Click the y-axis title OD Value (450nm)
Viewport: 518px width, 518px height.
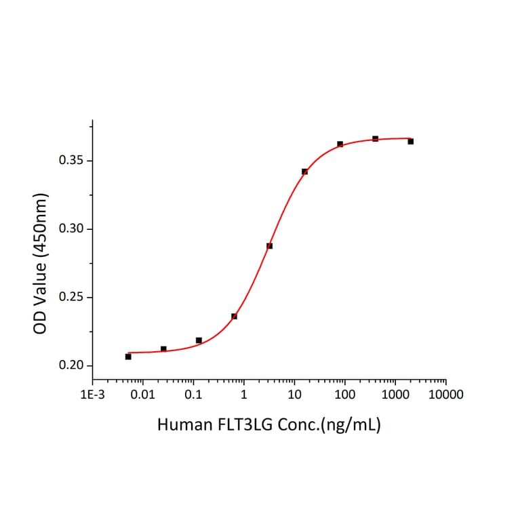tap(41, 264)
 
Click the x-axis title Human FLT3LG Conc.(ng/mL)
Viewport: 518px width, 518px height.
tap(268, 426)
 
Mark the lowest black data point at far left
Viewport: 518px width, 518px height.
tap(128, 356)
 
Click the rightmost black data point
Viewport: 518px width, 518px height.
tap(411, 141)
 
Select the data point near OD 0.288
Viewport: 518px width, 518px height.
tap(269, 245)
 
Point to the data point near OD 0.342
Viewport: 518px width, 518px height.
tap(304, 172)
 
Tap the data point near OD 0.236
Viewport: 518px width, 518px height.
tap(234, 316)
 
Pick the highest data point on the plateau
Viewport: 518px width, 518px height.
tap(375, 138)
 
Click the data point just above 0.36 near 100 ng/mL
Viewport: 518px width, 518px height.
tap(340, 144)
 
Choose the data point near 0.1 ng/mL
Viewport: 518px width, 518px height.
tap(199, 340)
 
